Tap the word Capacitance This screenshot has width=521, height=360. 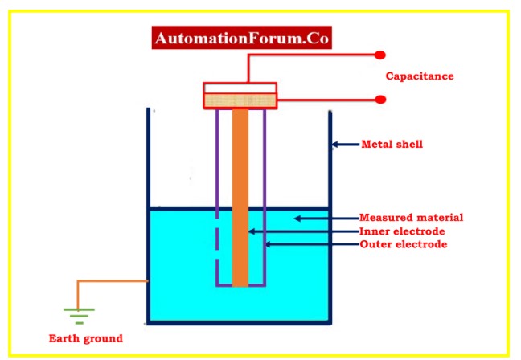click(420, 76)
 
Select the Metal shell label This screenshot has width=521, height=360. click(392, 145)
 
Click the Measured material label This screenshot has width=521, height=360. click(411, 218)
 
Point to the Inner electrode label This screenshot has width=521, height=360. click(402, 231)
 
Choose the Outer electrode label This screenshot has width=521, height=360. click(403, 244)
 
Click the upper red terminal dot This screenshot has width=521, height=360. click(380, 55)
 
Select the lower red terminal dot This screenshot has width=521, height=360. click(380, 100)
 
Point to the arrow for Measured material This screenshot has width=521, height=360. click(325, 218)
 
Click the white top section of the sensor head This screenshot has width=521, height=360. click(240, 88)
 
